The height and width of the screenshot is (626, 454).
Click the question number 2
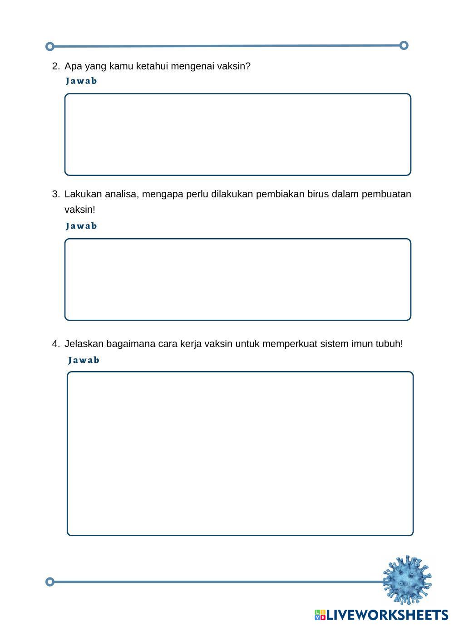55,66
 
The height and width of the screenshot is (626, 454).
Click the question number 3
55,194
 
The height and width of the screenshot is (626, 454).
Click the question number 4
55,344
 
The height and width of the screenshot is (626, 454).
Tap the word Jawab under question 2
81,81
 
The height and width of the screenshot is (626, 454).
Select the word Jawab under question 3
81,226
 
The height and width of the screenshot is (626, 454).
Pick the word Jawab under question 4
84,360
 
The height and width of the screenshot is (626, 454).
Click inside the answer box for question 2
237,134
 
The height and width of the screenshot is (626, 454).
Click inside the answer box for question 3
237,279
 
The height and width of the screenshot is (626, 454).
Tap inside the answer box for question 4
240,454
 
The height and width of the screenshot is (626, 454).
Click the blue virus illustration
407,580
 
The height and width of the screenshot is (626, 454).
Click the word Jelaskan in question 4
84,344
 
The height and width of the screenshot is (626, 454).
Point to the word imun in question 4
362,344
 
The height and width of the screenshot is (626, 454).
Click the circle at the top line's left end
50,46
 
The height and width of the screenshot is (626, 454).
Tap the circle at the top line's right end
404,45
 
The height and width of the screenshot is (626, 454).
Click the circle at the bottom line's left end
50,582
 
